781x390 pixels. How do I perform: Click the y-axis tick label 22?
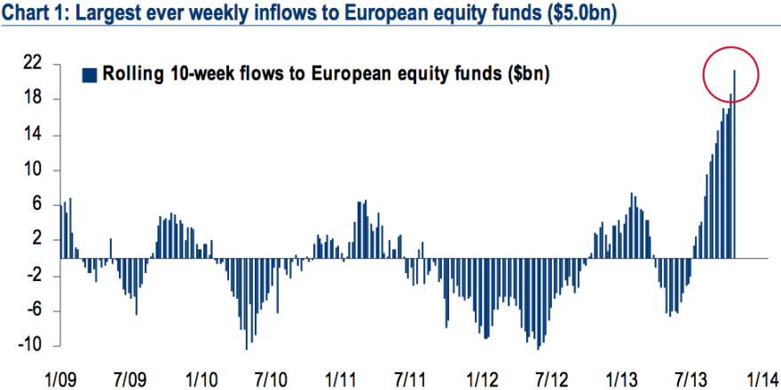33,64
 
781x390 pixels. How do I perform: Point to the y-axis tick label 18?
33,99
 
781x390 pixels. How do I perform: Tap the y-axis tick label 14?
33,135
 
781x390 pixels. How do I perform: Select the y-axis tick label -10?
30,346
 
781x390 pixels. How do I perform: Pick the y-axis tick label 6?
37,205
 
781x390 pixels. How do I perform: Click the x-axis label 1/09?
60,378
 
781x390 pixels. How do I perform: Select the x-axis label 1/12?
480,378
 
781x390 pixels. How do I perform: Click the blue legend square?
88,74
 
